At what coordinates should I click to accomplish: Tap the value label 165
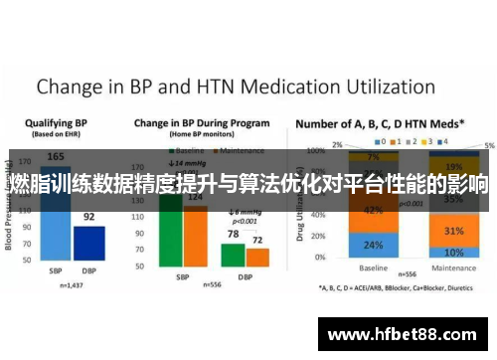(57, 157)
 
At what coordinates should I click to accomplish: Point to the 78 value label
(233, 235)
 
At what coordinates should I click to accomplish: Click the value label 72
(257, 241)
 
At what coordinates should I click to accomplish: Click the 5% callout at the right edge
(488, 145)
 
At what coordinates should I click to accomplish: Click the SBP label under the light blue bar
(58, 271)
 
